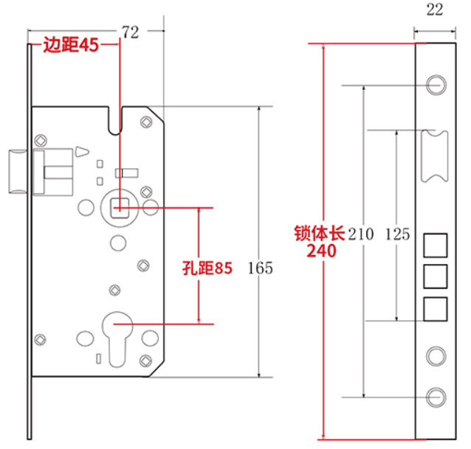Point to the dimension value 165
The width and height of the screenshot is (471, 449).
coord(261,268)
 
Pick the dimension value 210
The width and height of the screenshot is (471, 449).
coord(361,235)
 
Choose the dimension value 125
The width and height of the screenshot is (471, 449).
coord(397,235)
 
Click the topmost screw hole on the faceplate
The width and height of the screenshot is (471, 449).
coord(436,83)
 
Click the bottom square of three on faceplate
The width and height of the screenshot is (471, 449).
coord(436,307)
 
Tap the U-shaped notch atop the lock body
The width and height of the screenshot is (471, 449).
coord(114,121)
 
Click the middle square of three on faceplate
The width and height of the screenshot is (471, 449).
coord(436,276)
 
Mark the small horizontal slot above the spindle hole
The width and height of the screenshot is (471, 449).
coord(128,173)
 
